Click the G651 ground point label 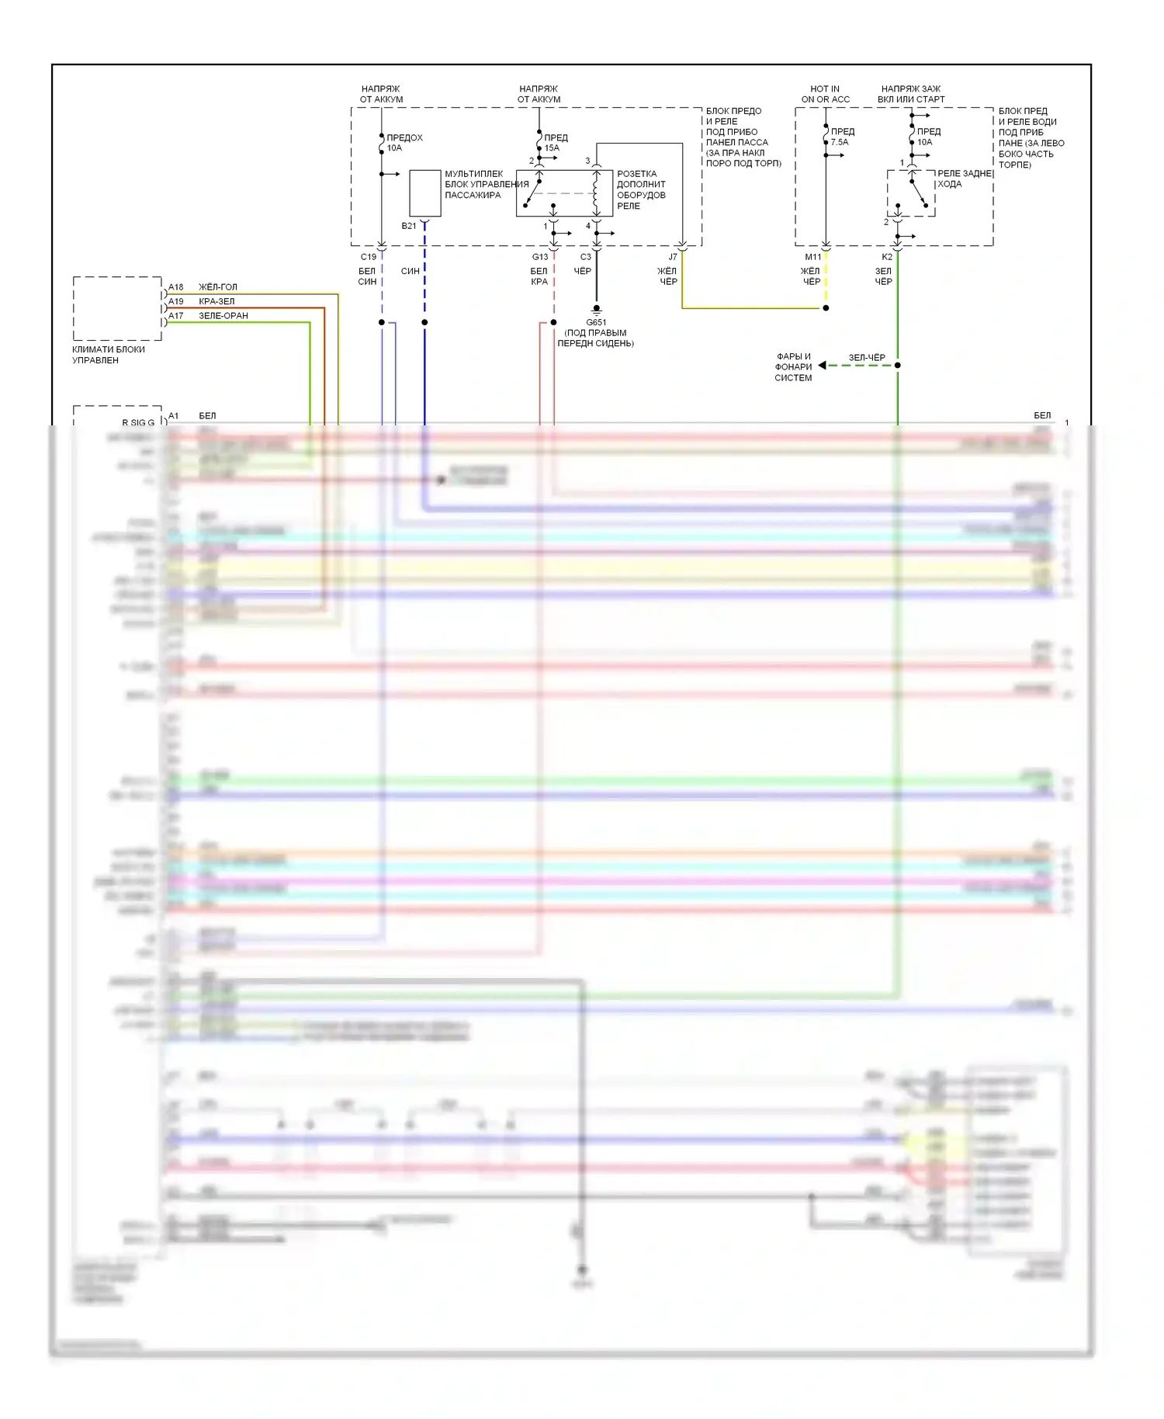coord(596,322)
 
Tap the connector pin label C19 coord(369,257)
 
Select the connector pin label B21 coord(409,226)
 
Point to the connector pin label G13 coord(540,257)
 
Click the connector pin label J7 coord(673,257)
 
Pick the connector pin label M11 coord(812,257)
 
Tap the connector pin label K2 coord(887,257)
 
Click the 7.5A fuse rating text coord(840,143)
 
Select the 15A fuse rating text coord(552,148)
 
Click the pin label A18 coord(176,287)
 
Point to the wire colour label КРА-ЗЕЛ coord(217,301)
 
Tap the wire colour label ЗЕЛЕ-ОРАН coord(223,316)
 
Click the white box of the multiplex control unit coord(424,193)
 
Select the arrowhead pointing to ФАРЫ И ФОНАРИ coord(823,366)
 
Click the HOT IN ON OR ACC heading coord(825,94)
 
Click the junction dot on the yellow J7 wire coord(826,308)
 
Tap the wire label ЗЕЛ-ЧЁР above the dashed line coord(867,358)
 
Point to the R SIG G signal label coord(138,423)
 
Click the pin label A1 coord(174,416)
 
